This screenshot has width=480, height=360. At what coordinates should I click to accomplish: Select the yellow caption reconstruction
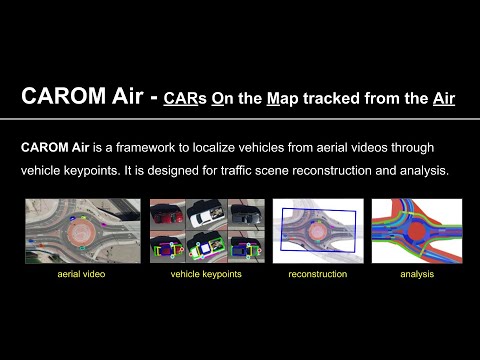[x=317, y=273]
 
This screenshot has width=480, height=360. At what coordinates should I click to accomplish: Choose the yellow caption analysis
[x=417, y=273]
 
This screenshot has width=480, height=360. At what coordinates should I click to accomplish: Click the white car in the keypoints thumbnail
[x=208, y=215]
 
